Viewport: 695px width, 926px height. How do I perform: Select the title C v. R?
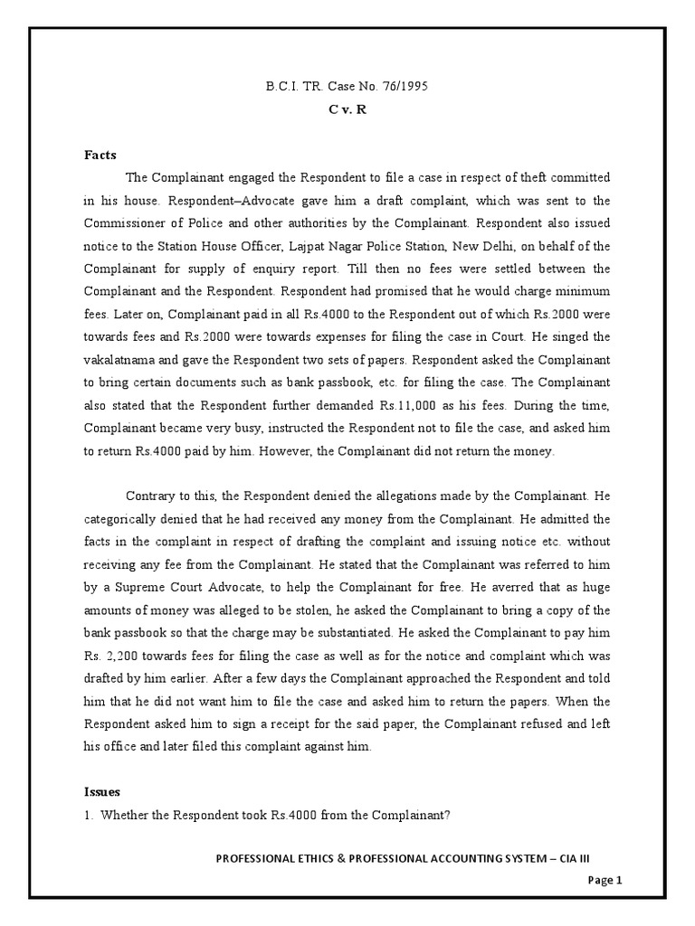click(347, 107)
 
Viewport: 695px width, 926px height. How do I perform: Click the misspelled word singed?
click(574, 317)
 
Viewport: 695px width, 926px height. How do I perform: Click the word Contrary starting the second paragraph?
click(150, 495)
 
